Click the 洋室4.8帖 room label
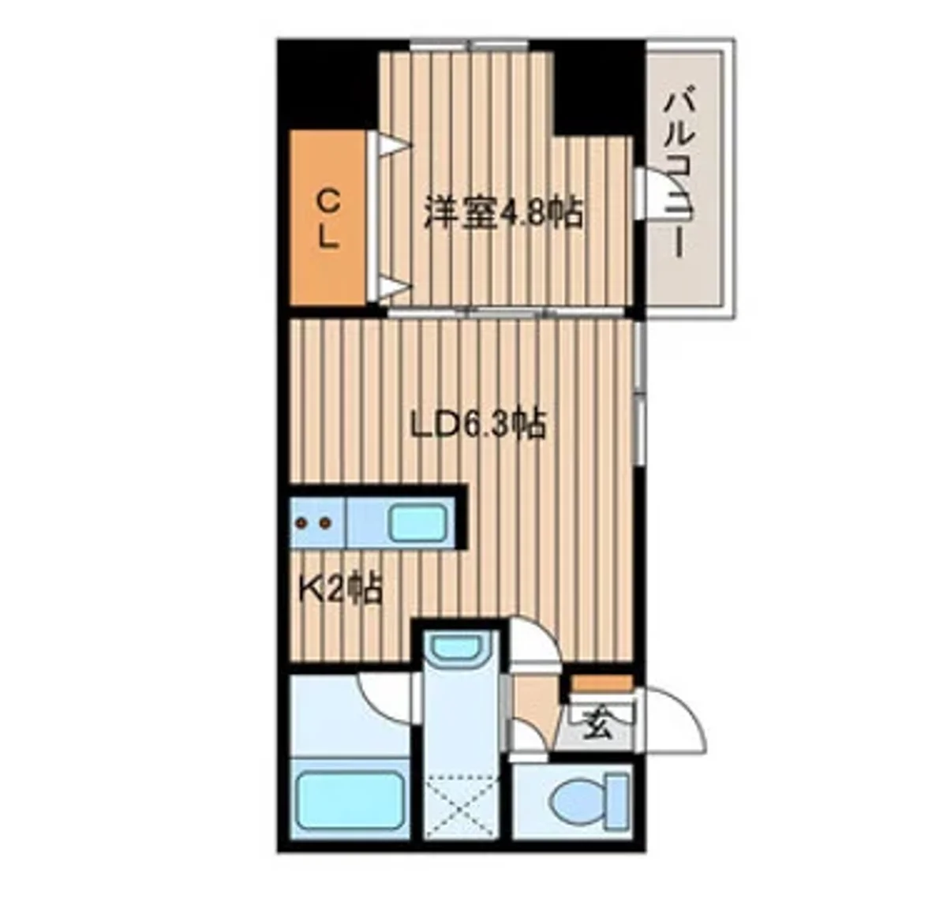(503, 213)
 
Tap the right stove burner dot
(323, 522)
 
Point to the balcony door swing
(655, 197)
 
